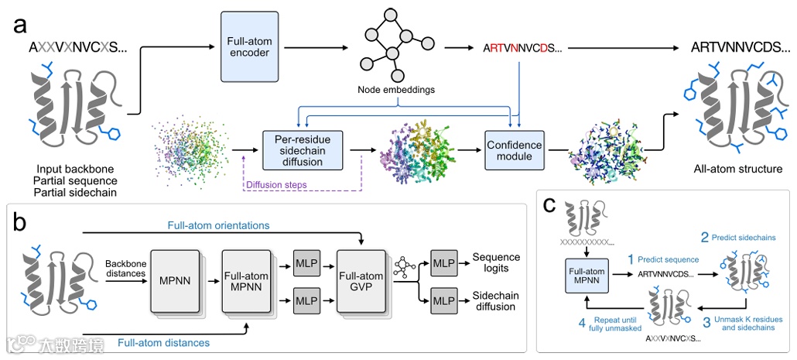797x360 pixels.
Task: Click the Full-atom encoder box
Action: (248, 46)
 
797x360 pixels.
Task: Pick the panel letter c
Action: (549, 204)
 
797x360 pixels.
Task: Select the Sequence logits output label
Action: (496, 262)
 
